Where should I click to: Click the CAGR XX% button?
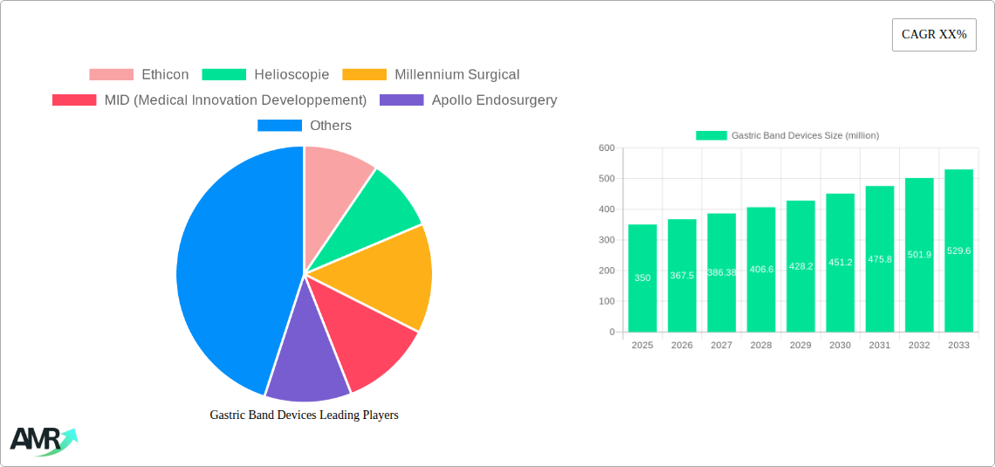pyautogui.click(x=933, y=35)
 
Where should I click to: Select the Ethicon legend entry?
pyautogui.click(x=139, y=75)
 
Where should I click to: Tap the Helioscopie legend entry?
pyautogui.click(x=265, y=75)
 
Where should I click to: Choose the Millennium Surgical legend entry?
pyautogui.click(x=430, y=75)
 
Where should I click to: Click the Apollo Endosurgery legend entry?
pyautogui.click(x=468, y=100)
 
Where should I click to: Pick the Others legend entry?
pyautogui.click(x=304, y=126)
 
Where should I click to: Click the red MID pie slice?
pyautogui.click(x=362, y=340)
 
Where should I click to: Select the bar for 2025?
pyautogui.click(x=642, y=278)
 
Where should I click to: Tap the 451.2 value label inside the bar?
pyautogui.click(x=840, y=262)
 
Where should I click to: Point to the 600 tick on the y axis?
pyautogui.click(x=607, y=148)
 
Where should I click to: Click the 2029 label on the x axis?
pyautogui.click(x=800, y=346)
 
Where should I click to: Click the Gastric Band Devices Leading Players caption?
pyautogui.click(x=304, y=415)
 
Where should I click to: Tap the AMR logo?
pyautogui.click(x=42, y=440)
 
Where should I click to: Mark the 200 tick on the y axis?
pyautogui.click(x=607, y=271)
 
